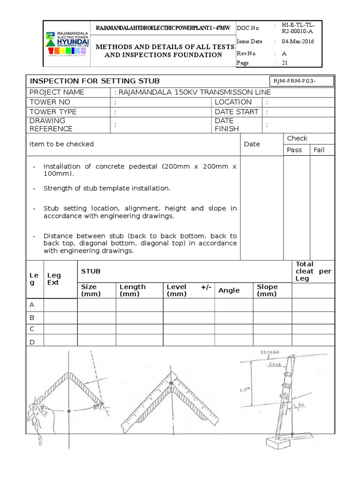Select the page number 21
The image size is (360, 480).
285,62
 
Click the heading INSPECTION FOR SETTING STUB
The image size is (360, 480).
94,81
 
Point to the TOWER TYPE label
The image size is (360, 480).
53,112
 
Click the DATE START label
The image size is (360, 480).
236,112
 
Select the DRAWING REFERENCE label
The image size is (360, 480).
51,125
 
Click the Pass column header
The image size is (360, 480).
294,150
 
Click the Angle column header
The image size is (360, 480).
229,291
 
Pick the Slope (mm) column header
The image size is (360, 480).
267,290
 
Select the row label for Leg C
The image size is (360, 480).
32,329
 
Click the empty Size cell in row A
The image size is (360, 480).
97,305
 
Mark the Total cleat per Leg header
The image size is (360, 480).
313,271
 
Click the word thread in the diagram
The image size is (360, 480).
270,352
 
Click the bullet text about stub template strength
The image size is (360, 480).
106,188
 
